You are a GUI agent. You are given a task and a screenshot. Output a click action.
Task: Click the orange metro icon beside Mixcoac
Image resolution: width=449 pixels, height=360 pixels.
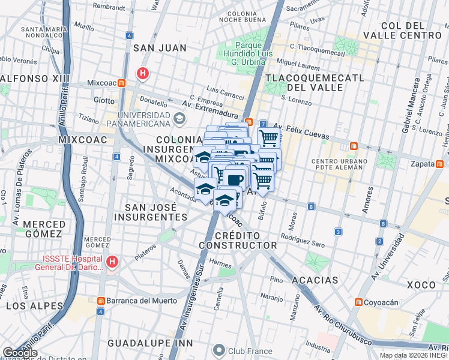[122, 83]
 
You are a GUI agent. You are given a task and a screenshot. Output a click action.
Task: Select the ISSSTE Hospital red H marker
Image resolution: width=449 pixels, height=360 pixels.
[112, 262]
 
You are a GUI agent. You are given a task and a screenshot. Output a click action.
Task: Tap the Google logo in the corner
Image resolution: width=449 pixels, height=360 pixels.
[20, 353]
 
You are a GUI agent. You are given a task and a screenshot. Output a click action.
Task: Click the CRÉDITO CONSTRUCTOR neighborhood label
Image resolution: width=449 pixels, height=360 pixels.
[238, 240]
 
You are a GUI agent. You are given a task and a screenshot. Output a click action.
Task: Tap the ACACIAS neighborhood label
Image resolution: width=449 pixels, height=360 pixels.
[315, 280]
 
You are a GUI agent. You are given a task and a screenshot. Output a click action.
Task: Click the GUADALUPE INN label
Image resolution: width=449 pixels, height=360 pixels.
[142, 343]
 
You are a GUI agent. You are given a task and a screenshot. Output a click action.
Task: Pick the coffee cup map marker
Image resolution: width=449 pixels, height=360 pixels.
[235, 179]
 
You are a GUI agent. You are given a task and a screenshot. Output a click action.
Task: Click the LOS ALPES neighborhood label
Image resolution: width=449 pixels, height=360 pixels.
[34, 306]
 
